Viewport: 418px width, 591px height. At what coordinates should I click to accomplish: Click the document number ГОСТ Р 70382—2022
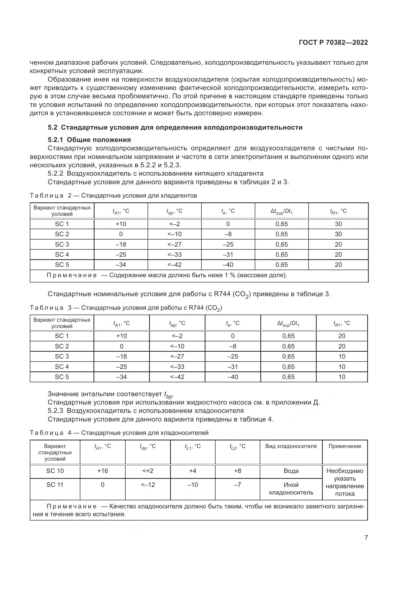333,43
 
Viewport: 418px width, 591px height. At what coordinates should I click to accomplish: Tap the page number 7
366,537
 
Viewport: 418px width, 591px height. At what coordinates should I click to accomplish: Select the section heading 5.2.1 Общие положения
89,140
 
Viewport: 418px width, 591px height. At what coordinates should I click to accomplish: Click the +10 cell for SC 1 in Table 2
121,224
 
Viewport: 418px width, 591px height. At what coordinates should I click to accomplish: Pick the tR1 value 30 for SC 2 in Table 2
338,234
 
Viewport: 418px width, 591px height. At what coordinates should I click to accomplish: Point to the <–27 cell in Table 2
174,244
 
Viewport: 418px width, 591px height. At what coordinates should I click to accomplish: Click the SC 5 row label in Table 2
62,265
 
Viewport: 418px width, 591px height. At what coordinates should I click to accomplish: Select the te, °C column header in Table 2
228,211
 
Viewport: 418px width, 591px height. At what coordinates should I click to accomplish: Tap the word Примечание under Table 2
72,275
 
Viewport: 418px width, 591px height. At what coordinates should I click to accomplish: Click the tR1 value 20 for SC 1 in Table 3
342,336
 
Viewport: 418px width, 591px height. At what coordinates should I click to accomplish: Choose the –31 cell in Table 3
233,367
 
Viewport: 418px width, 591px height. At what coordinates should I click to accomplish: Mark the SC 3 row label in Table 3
62,356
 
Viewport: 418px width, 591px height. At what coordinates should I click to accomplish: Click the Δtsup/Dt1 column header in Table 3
288,323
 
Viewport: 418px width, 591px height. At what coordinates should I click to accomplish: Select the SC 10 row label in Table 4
55,471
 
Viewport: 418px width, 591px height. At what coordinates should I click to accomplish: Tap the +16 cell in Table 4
102,471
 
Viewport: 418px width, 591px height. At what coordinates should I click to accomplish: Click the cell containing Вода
291,471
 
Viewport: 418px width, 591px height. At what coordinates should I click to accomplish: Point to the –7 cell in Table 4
237,485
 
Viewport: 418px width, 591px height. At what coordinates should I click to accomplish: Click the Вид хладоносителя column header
291,446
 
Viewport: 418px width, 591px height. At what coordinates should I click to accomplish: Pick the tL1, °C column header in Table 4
193,446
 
